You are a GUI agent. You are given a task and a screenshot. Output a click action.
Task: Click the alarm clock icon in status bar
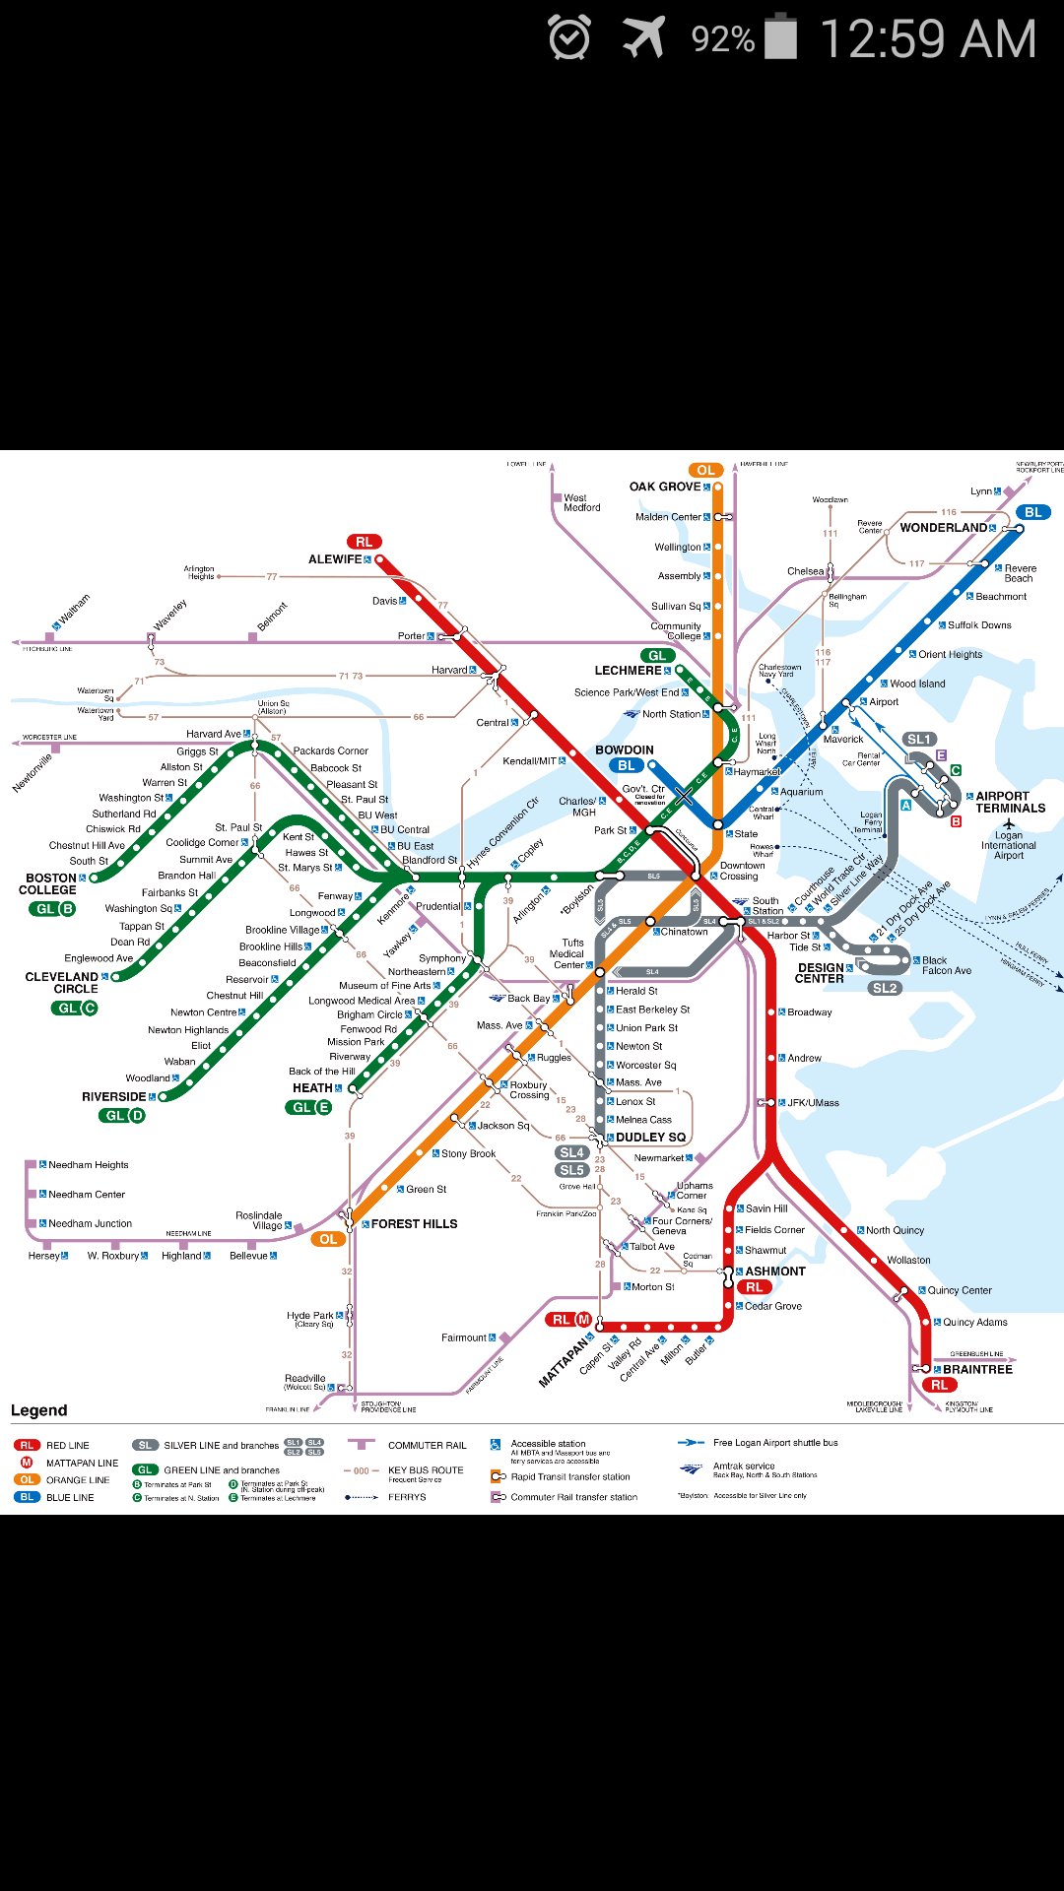tap(569, 38)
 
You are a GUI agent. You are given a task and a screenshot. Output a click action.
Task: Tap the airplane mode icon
tap(644, 38)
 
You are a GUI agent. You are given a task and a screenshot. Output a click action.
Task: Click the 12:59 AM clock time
tap(927, 39)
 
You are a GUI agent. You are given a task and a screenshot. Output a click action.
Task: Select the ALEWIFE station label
tap(335, 559)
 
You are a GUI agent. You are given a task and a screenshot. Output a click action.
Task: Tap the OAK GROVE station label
tap(665, 487)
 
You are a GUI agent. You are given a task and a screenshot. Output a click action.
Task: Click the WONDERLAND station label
tap(943, 528)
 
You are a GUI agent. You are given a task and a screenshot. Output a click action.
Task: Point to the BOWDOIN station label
tap(624, 750)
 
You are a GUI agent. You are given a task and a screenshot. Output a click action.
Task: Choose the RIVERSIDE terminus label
tap(113, 1096)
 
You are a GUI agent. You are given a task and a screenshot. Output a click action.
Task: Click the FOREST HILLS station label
tap(414, 1224)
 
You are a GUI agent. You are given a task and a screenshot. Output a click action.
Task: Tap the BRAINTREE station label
tap(977, 1369)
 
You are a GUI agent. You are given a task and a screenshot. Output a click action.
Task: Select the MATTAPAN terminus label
tap(563, 1362)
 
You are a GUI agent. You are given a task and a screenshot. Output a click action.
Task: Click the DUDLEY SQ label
tap(650, 1138)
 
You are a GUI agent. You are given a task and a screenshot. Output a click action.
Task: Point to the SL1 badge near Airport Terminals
tap(918, 739)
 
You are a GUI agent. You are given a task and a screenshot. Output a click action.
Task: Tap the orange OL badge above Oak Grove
tap(705, 470)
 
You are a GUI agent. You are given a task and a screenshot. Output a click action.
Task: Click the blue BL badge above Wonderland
tap(1032, 512)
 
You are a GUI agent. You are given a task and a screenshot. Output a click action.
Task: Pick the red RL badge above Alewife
tap(364, 542)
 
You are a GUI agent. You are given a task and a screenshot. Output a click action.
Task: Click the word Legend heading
tap(38, 1410)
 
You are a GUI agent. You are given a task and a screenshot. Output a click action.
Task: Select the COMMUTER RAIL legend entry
tap(427, 1445)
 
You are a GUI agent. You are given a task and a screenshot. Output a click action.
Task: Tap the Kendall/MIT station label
tap(530, 761)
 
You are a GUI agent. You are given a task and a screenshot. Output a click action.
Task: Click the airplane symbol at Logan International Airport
tap(1008, 823)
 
